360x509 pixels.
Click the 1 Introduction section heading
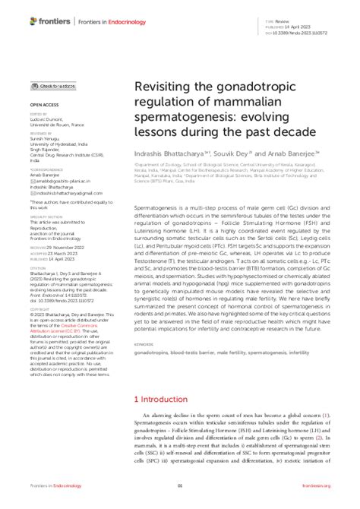coord(164,398)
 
